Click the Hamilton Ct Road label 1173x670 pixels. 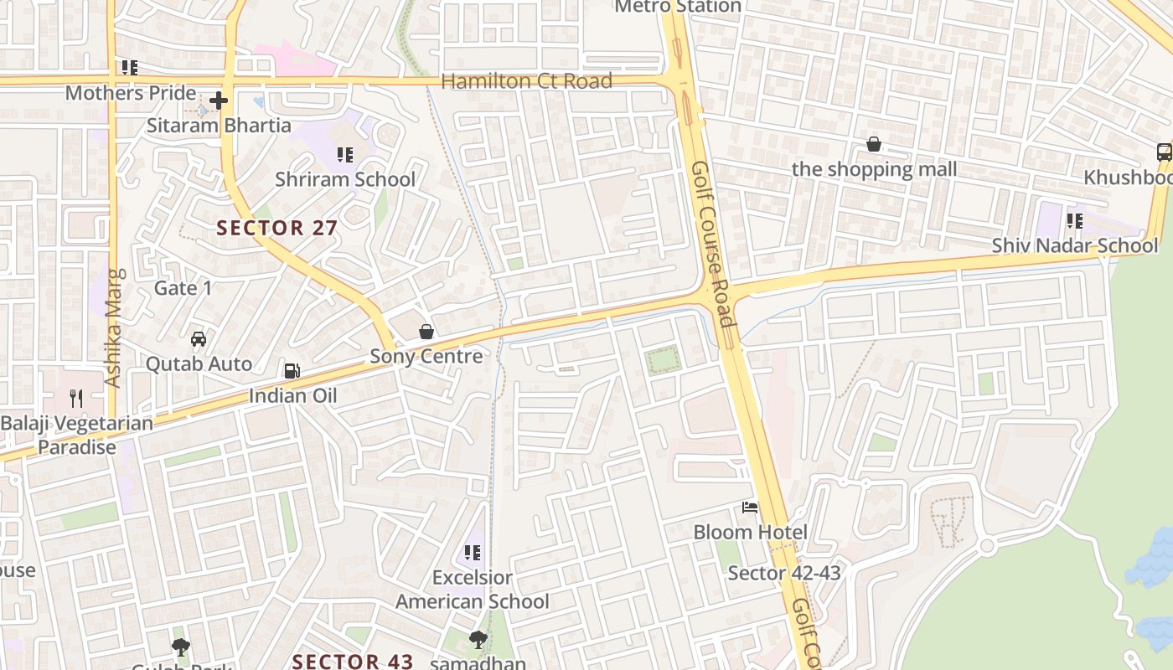click(x=526, y=81)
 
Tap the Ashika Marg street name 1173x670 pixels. click(x=114, y=327)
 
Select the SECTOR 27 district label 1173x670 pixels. click(x=276, y=228)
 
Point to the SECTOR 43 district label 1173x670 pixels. click(x=353, y=661)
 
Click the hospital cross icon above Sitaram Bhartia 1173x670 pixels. click(x=219, y=101)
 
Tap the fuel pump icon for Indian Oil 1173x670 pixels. click(x=292, y=370)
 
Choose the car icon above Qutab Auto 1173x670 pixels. click(x=199, y=339)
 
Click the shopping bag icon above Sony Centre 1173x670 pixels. click(x=426, y=332)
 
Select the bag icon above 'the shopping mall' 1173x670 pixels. click(x=874, y=145)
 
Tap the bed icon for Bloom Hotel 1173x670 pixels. click(x=750, y=508)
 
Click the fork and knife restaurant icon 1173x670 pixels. click(x=76, y=398)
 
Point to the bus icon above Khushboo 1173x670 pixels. click(x=1164, y=152)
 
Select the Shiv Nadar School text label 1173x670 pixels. click(x=1075, y=245)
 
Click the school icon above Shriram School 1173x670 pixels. click(x=344, y=155)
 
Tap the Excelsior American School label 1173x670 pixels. click(x=473, y=590)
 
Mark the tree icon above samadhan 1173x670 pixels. click(x=478, y=640)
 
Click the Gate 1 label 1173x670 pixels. click(x=183, y=289)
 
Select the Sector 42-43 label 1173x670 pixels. click(x=783, y=573)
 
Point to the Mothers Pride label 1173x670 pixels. click(x=131, y=93)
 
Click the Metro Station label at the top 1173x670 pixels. click(x=678, y=7)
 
